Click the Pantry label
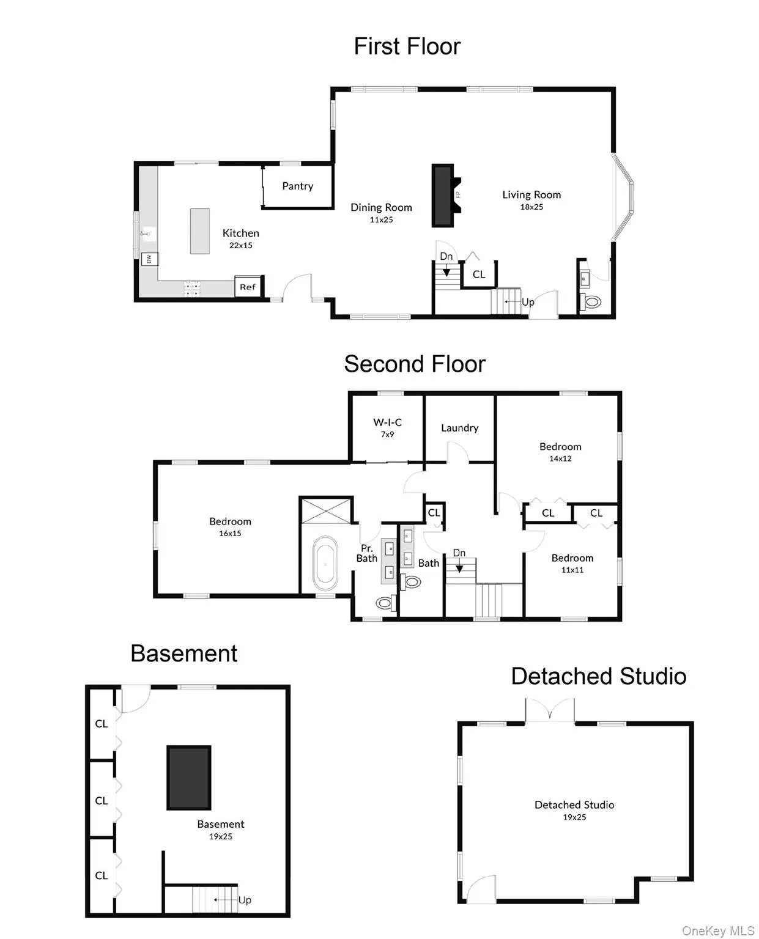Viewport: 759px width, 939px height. click(x=297, y=186)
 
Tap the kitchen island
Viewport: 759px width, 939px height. click(x=199, y=230)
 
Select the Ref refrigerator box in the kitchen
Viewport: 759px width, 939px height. click(x=248, y=286)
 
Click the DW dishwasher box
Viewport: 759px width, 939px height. click(x=149, y=259)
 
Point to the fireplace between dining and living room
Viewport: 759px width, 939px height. click(x=445, y=195)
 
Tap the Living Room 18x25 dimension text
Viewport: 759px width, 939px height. click(x=531, y=207)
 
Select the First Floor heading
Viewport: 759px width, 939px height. click(x=407, y=46)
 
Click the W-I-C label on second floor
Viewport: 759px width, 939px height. click(x=387, y=422)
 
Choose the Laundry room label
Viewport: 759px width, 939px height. click(x=459, y=427)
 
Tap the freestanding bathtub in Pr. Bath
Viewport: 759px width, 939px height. click(x=325, y=563)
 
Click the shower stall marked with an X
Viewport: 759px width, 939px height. click(x=325, y=510)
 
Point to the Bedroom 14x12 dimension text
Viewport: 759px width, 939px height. click(x=560, y=458)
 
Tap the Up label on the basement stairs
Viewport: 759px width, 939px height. click(x=244, y=900)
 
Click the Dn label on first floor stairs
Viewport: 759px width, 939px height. click(x=446, y=256)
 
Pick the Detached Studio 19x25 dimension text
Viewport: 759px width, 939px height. click(x=574, y=817)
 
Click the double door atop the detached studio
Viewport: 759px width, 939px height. click(x=549, y=710)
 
